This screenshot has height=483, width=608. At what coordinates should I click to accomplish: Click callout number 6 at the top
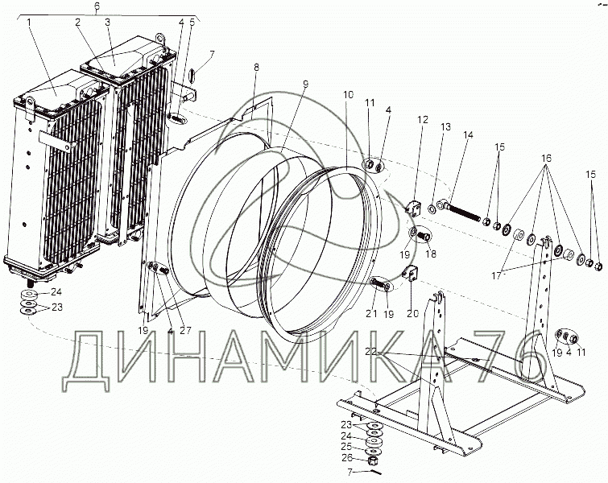point(97,6)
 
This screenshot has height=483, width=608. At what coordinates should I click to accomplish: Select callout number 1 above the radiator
point(29,23)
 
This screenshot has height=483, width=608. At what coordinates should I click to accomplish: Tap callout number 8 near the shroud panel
point(256,67)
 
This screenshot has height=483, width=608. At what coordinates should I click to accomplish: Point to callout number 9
point(305,84)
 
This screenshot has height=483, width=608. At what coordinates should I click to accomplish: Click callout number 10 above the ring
point(348,94)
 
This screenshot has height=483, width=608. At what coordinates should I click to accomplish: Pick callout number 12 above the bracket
point(423,120)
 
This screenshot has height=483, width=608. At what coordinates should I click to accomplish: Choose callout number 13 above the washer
point(446,126)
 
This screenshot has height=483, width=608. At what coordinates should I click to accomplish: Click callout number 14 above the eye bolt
point(469,135)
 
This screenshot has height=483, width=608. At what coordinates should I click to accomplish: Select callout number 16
point(546,158)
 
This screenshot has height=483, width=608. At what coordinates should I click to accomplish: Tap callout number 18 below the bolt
point(431,254)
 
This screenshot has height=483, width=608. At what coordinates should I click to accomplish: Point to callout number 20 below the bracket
point(413,313)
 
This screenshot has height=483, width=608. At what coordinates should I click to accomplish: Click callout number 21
point(371,313)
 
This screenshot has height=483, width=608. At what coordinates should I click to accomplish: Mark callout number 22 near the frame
point(371,352)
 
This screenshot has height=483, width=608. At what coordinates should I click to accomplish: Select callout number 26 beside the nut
point(347,458)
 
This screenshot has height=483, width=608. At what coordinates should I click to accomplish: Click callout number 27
point(186,330)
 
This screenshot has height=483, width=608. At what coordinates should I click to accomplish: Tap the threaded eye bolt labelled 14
point(459,209)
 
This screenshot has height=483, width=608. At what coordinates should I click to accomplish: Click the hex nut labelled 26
point(373,461)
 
